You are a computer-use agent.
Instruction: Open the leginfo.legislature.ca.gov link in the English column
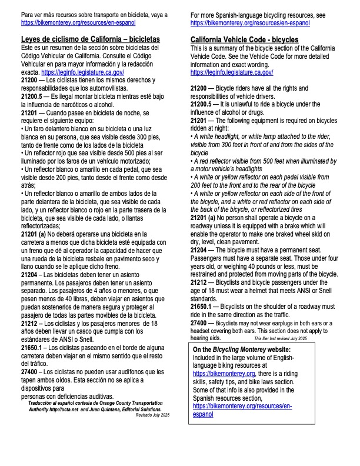(232, 72)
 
